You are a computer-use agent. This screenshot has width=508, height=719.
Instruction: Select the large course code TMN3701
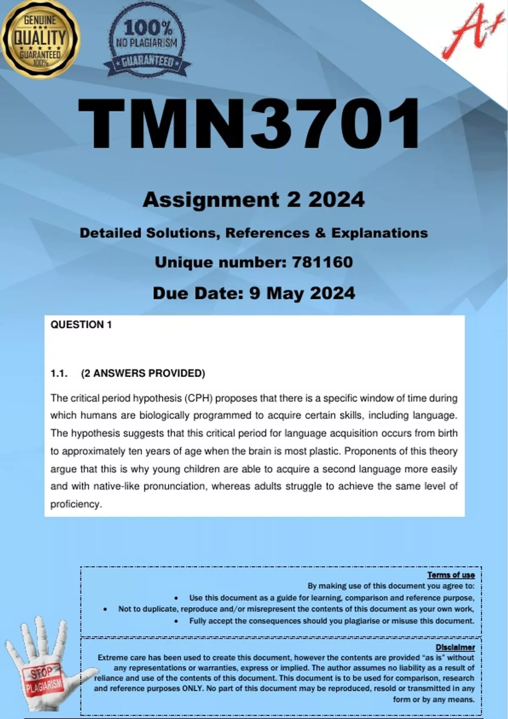(249, 123)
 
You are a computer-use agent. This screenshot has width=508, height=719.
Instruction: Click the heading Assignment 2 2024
(253, 200)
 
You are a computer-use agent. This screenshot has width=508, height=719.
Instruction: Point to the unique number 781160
(322, 262)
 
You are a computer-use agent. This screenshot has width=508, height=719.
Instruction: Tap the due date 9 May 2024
(302, 293)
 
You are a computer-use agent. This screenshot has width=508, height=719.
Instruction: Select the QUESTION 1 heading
(81, 324)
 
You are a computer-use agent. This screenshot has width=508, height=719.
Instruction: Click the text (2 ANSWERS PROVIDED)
(143, 373)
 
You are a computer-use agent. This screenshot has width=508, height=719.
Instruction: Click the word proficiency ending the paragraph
(76, 504)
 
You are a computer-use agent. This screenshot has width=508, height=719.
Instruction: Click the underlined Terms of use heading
(451, 575)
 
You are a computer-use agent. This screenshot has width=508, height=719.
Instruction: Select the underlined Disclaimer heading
(455, 647)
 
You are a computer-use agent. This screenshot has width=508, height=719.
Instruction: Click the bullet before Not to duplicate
(105, 609)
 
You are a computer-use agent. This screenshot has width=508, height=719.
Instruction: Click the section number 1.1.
(59, 373)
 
